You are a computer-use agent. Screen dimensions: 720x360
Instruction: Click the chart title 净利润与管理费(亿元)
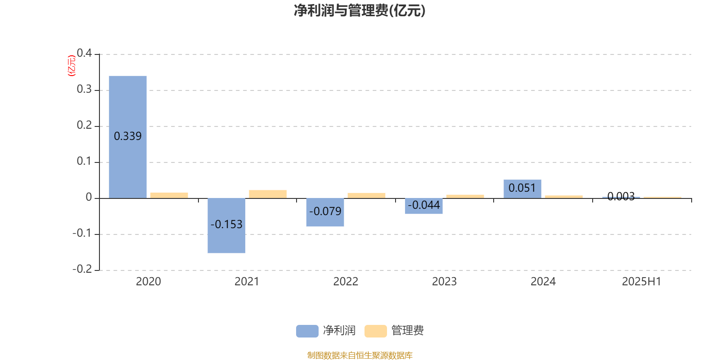[360, 11]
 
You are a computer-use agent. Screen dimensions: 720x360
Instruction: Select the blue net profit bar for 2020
[128, 137]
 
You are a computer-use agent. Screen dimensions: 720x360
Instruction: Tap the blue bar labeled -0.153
[226, 225]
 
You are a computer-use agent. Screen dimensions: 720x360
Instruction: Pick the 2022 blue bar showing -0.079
[325, 212]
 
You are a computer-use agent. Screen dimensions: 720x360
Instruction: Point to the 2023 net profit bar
[423, 206]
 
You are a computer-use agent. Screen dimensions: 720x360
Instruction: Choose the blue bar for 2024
[522, 189]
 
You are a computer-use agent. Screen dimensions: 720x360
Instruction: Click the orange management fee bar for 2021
[268, 194]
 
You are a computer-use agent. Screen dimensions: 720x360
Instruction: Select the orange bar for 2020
[169, 195]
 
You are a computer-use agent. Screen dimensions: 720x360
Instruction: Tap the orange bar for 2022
[366, 195]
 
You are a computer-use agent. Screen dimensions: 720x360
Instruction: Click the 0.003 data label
[621, 196]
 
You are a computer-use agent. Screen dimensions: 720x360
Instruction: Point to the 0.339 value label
[128, 136]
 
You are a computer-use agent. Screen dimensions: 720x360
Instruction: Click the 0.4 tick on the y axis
[84, 53]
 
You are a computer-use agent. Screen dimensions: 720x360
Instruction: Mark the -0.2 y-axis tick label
[82, 269]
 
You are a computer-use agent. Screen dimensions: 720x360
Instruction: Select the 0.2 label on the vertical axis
[84, 125]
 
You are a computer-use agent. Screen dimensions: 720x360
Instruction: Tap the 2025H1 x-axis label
[642, 282]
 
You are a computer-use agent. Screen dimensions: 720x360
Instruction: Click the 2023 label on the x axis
[444, 282]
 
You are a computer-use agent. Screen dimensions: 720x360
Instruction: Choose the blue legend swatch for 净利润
[307, 331]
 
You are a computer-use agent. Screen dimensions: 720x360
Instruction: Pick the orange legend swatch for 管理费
[375, 331]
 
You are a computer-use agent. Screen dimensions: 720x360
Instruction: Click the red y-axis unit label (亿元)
[72, 66]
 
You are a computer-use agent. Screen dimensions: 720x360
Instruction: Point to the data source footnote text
[360, 355]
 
